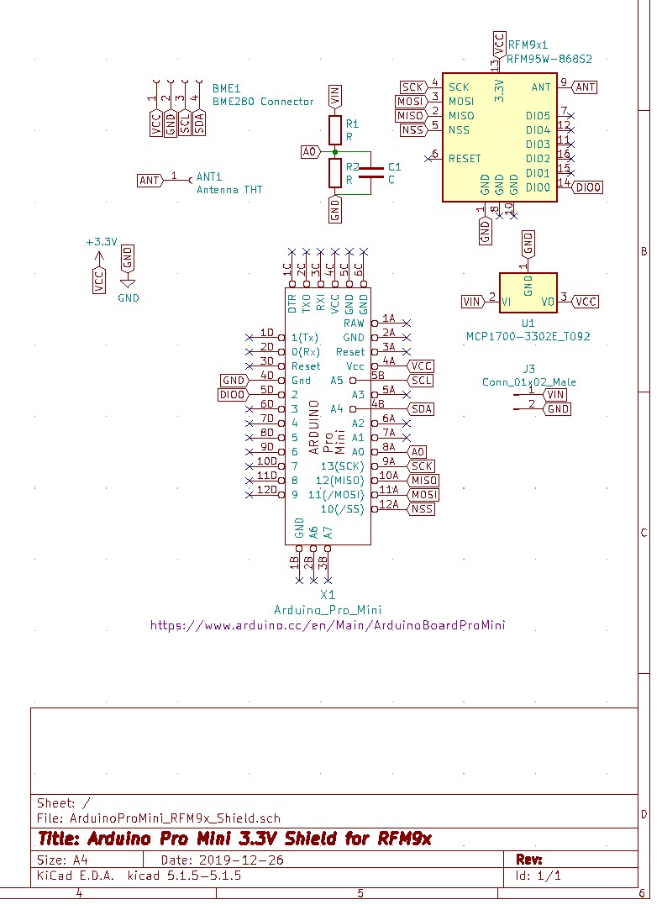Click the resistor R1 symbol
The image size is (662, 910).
[x=335, y=129]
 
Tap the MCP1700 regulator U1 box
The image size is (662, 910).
[x=528, y=294]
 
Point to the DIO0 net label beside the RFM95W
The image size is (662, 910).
[x=589, y=188]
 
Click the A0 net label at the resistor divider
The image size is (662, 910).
[x=310, y=152]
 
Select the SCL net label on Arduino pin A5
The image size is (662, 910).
[x=421, y=381]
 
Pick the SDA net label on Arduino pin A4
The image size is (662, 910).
[x=421, y=409]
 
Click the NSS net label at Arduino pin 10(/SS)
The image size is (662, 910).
[x=422, y=509]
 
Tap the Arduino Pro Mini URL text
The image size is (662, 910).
[x=328, y=625]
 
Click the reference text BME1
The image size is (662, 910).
[x=226, y=88]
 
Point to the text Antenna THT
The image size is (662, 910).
[x=229, y=190]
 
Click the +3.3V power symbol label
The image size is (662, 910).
[x=101, y=242]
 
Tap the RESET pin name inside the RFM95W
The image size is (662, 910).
[x=465, y=159]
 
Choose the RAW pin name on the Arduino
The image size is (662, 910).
[x=355, y=323]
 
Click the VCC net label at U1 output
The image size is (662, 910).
[x=586, y=302]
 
